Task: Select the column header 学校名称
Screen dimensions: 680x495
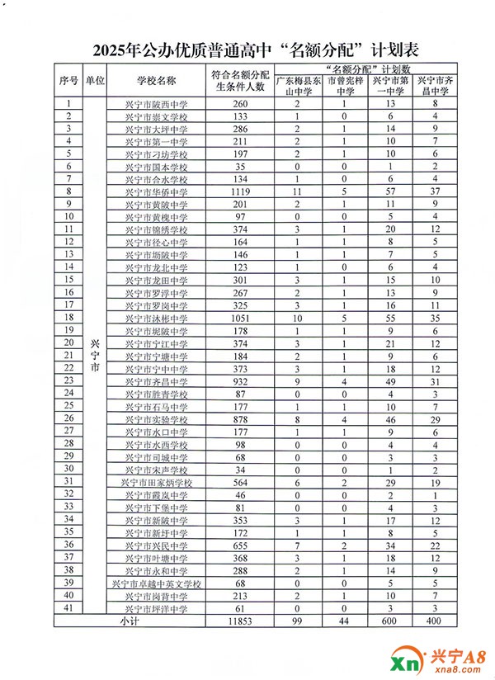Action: pyautogui.click(x=157, y=81)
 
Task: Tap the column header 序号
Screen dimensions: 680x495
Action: pyautogui.click(x=68, y=81)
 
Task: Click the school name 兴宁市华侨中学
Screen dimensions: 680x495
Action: pyautogui.click(x=157, y=191)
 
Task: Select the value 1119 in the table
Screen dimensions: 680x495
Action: pyautogui.click(x=240, y=191)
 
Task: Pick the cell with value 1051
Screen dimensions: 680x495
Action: pyautogui.click(x=240, y=318)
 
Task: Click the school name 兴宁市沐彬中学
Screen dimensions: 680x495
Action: pyautogui.click(x=157, y=318)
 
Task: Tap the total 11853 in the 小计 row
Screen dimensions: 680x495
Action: pyautogui.click(x=240, y=621)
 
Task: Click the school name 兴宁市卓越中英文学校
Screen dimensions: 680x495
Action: pyautogui.click(x=157, y=583)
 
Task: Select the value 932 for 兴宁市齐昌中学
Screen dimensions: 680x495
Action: pyautogui.click(x=240, y=381)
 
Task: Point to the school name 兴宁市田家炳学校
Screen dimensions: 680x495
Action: pyautogui.click(x=157, y=482)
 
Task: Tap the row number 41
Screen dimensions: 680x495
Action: pyautogui.click(x=68, y=608)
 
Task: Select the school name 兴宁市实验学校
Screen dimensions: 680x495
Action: pyautogui.click(x=157, y=419)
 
